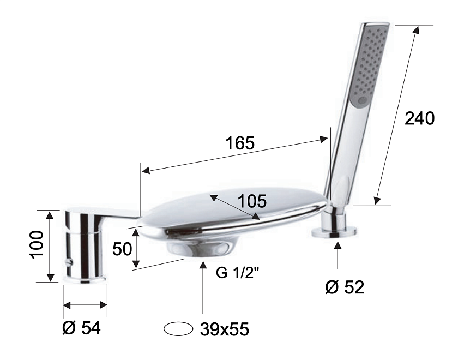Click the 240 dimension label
tap(419, 119)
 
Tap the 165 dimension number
tap(240, 143)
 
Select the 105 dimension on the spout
tap(252, 201)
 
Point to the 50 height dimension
tap(122, 249)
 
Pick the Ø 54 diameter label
tap(81, 328)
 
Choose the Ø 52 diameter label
tap(345, 287)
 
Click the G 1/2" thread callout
tap(238, 273)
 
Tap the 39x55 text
tap(224, 329)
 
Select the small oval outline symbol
tap(178, 329)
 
